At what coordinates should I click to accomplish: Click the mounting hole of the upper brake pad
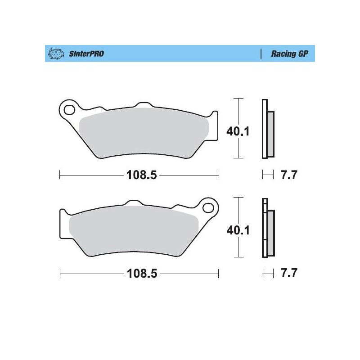point(69,109)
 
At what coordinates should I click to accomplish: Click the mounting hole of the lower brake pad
point(208,207)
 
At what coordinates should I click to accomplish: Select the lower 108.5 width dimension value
point(141,274)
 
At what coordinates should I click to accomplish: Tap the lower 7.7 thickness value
point(288,274)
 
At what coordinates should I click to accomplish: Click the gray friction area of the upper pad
point(144,133)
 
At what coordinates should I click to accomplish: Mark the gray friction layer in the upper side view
point(270,134)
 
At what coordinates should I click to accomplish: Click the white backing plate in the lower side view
point(264,234)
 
